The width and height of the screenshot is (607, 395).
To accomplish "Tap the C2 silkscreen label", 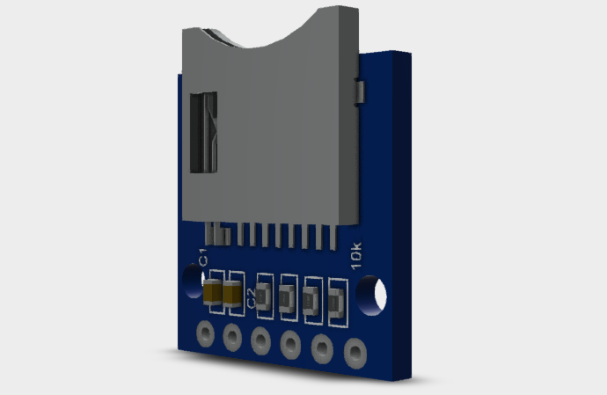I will coord(252,297).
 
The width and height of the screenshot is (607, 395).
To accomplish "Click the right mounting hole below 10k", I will coord(374,295).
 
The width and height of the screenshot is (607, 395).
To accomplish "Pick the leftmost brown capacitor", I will coord(213,293).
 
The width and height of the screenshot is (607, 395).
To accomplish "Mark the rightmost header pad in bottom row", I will coord(355,354).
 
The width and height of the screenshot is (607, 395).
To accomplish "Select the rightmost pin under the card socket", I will coord(334,237).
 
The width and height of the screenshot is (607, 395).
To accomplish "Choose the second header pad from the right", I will coord(322,349).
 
